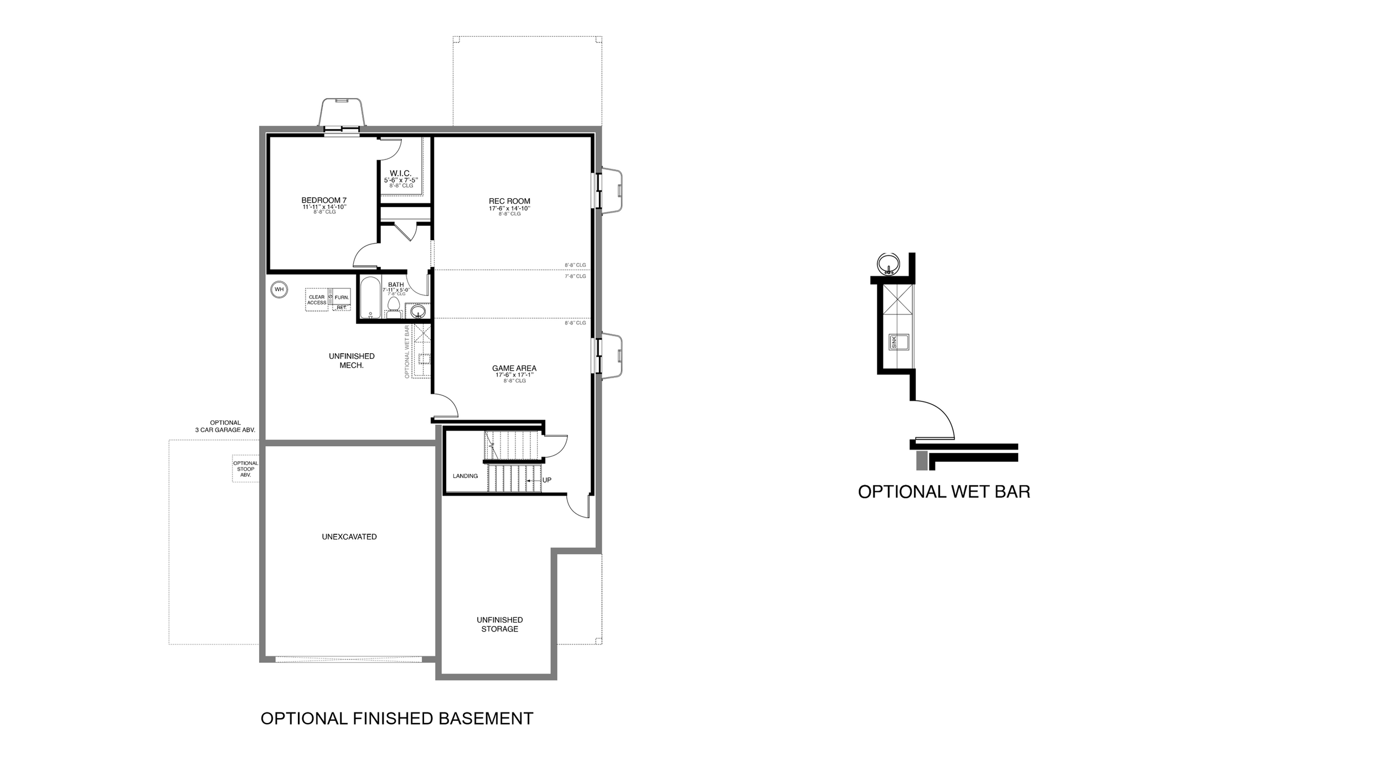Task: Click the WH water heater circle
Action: (x=279, y=289)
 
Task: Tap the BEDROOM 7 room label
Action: (x=324, y=200)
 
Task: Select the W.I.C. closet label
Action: (x=400, y=174)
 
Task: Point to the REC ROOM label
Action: (x=509, y=202)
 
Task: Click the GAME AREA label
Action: (x=514, y=368)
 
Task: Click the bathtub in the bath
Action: (x=370, y=298)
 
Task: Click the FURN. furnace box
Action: (x=342, y=297)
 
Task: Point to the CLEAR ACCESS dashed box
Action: (x=317, y=300)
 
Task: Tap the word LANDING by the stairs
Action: (x=465, y=476)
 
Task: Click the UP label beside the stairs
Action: (x=547, y=480)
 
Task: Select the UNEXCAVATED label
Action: (x=349, y=536)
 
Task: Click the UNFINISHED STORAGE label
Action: (x=500, y=625)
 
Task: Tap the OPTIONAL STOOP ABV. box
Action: (x=246, y=469)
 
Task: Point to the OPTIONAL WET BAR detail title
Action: (x=944, y=492)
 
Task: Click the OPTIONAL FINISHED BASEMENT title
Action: (x=397, y=719)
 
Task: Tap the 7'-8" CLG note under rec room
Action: (x=575, y=276)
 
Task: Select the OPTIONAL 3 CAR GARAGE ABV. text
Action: (x=225, y=426)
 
